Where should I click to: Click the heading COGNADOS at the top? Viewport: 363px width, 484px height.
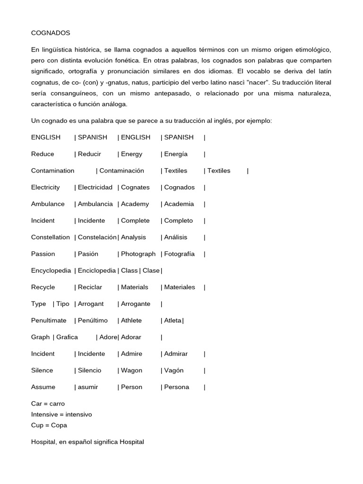(51, 33)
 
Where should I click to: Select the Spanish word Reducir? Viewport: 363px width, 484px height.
(89, 154)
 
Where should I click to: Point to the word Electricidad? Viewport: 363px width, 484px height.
(95, 187)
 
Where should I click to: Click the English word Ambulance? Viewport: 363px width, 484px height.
(48, 204)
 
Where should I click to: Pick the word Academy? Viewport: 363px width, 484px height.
(135, 204)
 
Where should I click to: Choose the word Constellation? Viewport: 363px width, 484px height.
(50, 237)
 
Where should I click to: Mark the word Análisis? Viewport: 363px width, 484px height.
(176, 237)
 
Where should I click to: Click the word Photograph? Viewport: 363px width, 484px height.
(138, 254)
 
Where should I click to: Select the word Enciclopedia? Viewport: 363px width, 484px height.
(97, 271)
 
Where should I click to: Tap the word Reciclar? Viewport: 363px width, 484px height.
(90, 287)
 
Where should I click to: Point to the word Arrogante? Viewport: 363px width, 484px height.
(136, 304)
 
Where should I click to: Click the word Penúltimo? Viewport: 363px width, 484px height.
(93, 320)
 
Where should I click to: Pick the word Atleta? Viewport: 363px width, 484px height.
(173, 320)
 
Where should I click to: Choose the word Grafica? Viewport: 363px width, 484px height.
(67, 337)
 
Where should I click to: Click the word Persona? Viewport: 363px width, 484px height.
(176, 387)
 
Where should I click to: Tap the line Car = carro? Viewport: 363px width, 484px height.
(48, 404)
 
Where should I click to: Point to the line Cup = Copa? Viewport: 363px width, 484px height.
(49, 425)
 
